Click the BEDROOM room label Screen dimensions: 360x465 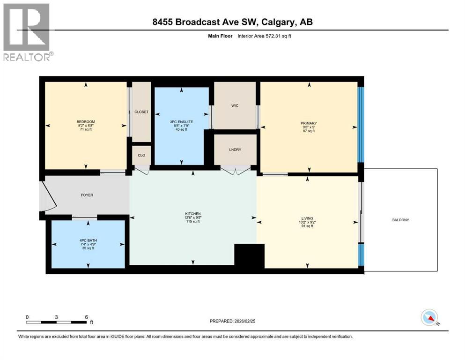pos(86,122)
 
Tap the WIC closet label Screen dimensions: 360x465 pos(235,105)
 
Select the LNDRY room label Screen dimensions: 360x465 pos(235,150)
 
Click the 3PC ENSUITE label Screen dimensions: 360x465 pos(182,122)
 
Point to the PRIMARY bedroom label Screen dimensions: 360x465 pos(309,123)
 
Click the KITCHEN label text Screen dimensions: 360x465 pos(192,214)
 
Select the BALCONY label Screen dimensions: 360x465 pos(401,220)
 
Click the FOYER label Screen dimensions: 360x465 pos(87,195)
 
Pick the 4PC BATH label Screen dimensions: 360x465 pos(88,240)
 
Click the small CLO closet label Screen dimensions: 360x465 pos(141,155)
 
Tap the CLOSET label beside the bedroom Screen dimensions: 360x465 pos(141,112)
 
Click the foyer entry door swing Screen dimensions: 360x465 pos(50,195)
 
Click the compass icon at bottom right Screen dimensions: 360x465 pos(429,318)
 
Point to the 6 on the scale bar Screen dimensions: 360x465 pos(86,317)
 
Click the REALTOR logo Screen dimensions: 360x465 pos(27,32)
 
